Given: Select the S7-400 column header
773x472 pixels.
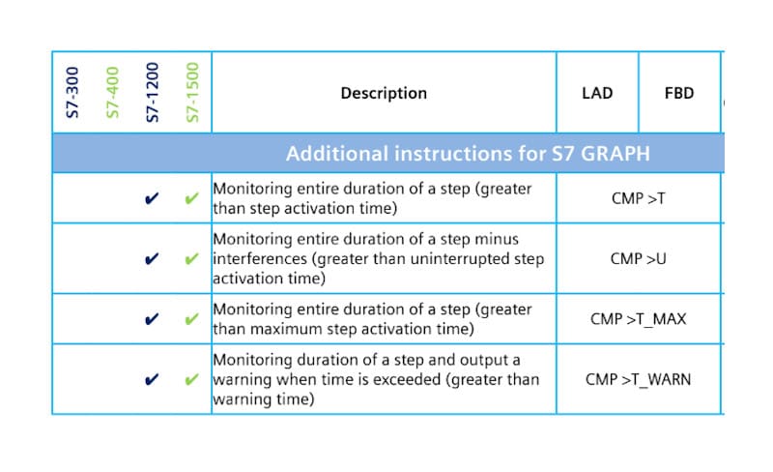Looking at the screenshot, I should tap(112, 93).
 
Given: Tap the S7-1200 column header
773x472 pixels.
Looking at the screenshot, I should tap(152, 93).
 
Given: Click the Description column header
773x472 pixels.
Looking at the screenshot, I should tap(384, 94).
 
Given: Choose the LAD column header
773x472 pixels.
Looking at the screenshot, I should tap(597, 94).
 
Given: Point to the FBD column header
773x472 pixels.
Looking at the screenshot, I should tap(679, 94).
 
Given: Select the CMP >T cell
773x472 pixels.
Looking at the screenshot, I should tap(638, 198).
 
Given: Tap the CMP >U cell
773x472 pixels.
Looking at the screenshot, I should tap(638, 259).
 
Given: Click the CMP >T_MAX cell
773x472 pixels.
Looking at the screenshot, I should tap(638, 318).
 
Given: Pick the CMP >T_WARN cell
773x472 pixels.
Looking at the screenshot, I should tap(638, 379).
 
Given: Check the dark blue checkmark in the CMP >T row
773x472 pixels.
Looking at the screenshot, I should tap(152, 199).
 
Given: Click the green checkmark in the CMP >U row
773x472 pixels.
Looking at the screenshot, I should tap(191, 260).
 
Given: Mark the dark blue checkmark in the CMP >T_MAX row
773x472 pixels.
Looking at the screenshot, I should tap(152, 319).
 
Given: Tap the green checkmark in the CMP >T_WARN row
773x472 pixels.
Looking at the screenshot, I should tap(191, 380).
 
